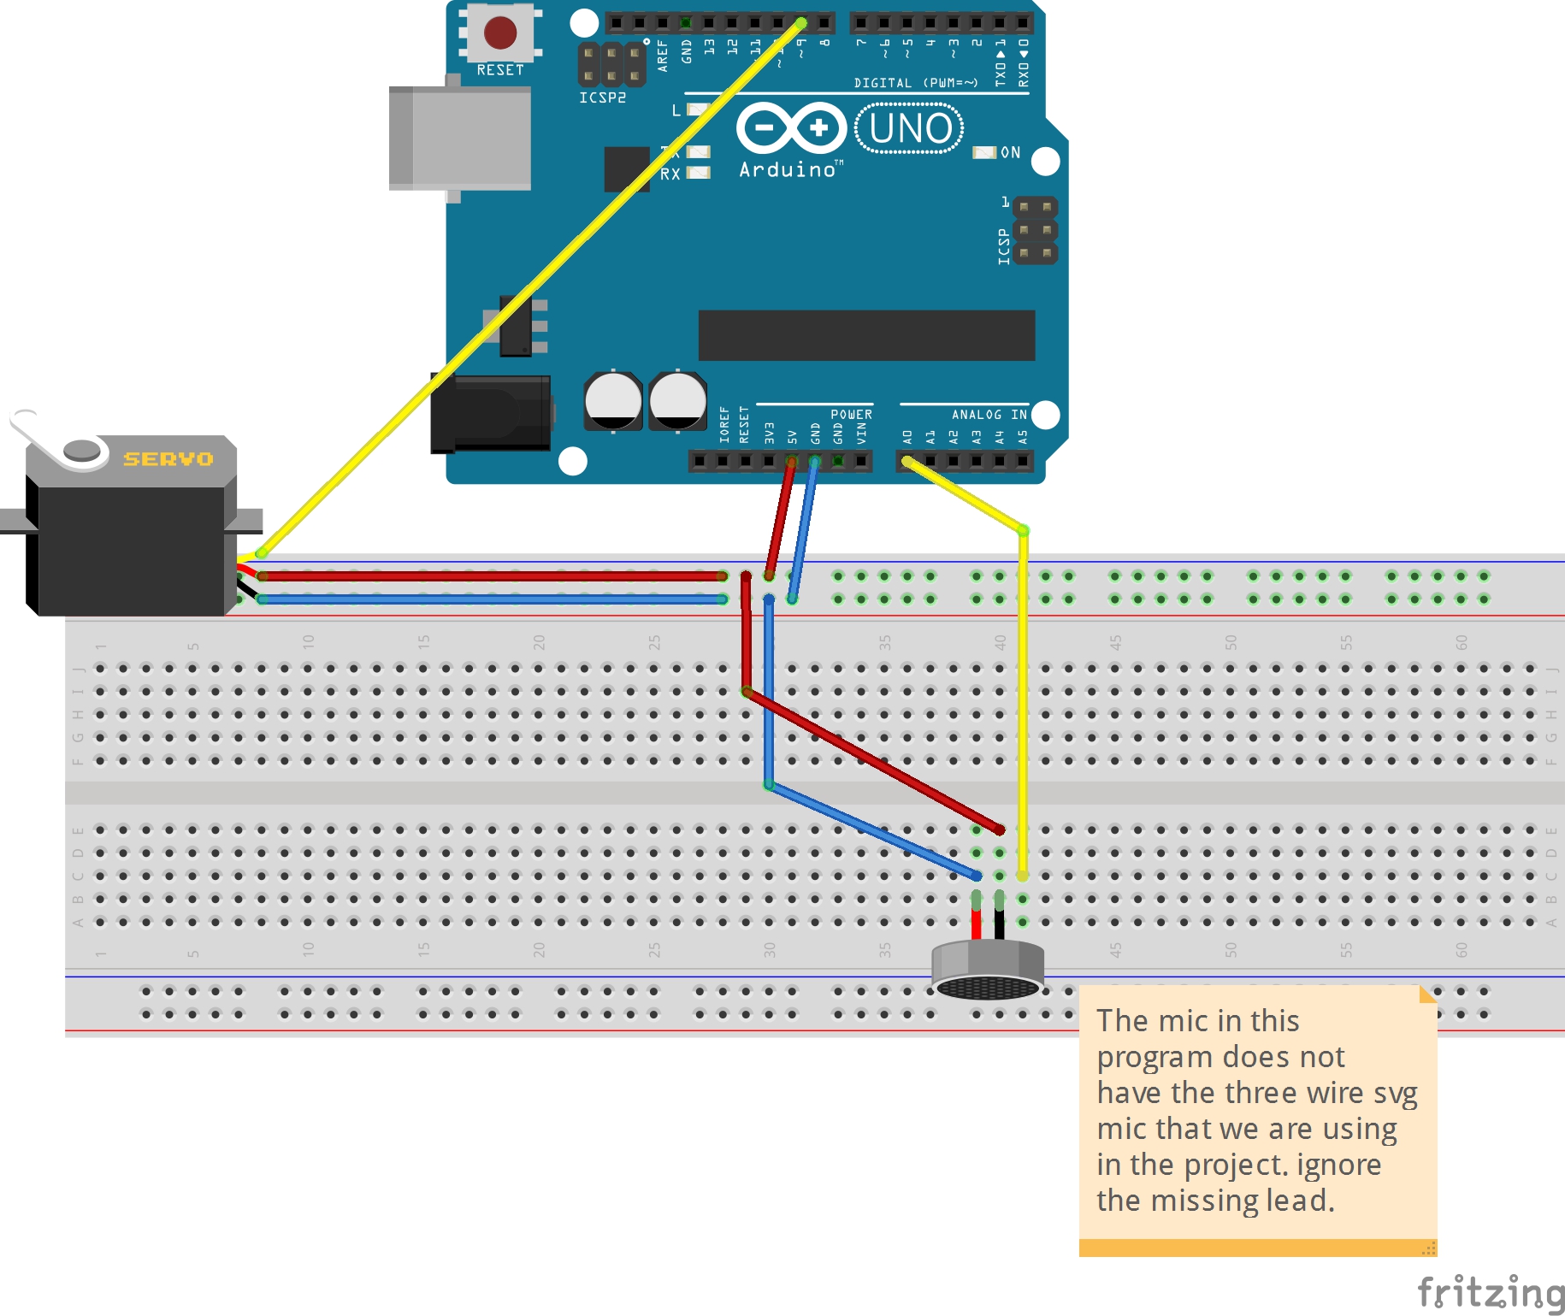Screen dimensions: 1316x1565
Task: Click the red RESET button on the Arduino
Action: (x=500, y=32)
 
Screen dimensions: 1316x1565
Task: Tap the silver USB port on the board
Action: (x=460, y=138)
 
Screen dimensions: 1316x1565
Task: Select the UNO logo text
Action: (x=910, y=129)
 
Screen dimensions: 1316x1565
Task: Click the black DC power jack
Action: (x=491, y=413)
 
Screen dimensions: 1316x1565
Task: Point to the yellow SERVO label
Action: (x=168, y=459)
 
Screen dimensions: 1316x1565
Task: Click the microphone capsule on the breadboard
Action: (x=988, y=971)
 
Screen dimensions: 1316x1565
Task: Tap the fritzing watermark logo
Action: (x=1490, y=1292)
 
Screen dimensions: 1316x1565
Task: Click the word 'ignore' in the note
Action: (x=1338, y=1165)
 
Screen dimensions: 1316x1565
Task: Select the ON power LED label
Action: (x=1010, y=152)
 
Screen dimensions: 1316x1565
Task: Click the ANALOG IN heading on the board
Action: (x=989, y=415)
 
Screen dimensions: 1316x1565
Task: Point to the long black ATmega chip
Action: (x=866, y=335)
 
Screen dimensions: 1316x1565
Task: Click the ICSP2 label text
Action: (x=602, y=98)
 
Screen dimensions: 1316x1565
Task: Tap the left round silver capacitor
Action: (x=613, y=400)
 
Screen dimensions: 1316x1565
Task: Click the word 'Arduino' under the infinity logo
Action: (x=788, y=170)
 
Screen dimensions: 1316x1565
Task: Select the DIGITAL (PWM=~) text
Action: (x=915, y=83)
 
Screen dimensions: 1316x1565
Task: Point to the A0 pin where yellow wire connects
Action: (x=907, y=462)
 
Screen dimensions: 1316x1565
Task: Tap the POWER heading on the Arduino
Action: (x=851, y=415)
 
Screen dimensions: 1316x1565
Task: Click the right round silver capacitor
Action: (x=677, y=400)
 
